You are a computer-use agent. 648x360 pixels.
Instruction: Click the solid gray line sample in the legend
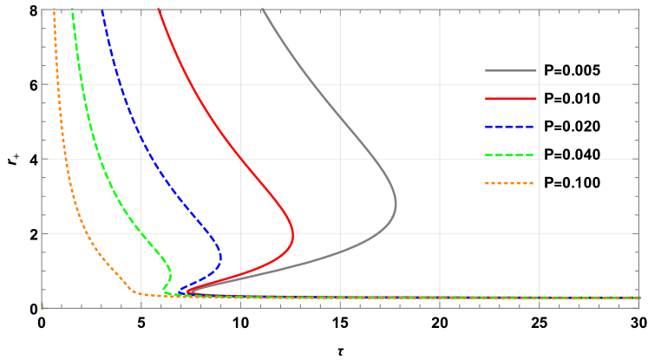(x=510, y=70)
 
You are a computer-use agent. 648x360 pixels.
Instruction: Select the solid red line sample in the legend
(x=510, y=99)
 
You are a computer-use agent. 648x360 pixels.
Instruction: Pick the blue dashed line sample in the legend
(x=510, y=127)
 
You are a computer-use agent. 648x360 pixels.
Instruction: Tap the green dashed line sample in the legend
(x=510, y=155)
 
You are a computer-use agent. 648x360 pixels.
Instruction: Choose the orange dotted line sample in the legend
(x=510, y=183)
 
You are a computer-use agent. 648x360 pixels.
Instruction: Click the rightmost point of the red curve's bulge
(x=293, y=235)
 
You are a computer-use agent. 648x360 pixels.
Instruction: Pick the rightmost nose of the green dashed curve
(x=170, y=272)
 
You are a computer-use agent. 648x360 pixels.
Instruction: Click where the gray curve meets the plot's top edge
(x=262, y=10)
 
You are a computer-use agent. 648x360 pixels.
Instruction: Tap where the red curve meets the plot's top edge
(x=160, y=10)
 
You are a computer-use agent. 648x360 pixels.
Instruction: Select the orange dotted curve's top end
(x=54, y=10)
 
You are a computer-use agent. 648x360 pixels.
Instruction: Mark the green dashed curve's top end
(x=72, y=10)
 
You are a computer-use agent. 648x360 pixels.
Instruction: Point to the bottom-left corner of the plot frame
(x=42, y=307)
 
